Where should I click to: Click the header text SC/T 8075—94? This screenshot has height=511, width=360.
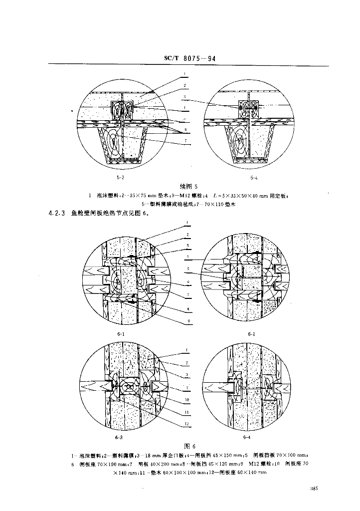click(190, 59)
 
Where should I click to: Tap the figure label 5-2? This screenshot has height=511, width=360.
click(119, 176)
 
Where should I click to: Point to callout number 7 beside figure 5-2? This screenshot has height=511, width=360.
click(185, 141)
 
